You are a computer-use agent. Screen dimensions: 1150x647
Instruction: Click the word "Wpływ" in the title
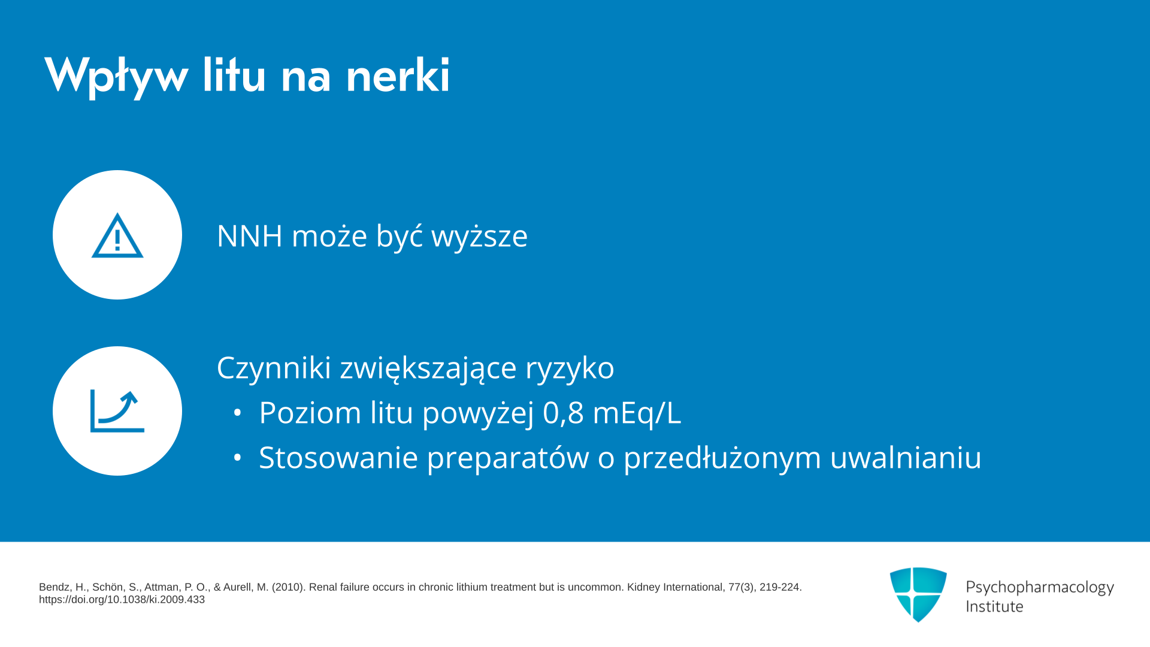[x=117, y=76]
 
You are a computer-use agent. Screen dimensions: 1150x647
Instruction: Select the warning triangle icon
[x=117, y=235]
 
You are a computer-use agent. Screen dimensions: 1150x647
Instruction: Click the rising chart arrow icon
[x=117, y=411]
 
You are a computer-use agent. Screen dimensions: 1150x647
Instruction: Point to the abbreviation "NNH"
[x=249, y=235]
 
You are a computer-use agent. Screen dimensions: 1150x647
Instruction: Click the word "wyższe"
[x=479, y=236]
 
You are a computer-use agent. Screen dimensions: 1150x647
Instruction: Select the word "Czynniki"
[x=274, y=367]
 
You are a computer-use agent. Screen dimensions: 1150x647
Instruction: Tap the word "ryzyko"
[x=570, y=368]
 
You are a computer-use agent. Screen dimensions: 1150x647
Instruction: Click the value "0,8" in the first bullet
[x=563, y=413]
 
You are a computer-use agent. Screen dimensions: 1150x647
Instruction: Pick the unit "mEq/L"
[x=637, y=413]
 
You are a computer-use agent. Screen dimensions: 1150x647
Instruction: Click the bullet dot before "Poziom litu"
[x=238, y=413]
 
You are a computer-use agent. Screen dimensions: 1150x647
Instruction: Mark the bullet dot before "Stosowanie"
[x=238, y=458]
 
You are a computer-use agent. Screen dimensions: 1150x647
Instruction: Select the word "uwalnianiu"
[x=906, y=458]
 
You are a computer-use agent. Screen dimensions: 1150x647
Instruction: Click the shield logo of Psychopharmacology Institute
[x=918, y=594]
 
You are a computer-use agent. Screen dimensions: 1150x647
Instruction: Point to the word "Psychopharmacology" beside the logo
[x=1040, y=588]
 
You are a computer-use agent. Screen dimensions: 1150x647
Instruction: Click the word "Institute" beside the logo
[x=994, y=606]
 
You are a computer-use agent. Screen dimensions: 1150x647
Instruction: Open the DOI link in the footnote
[x=122, y=600]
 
